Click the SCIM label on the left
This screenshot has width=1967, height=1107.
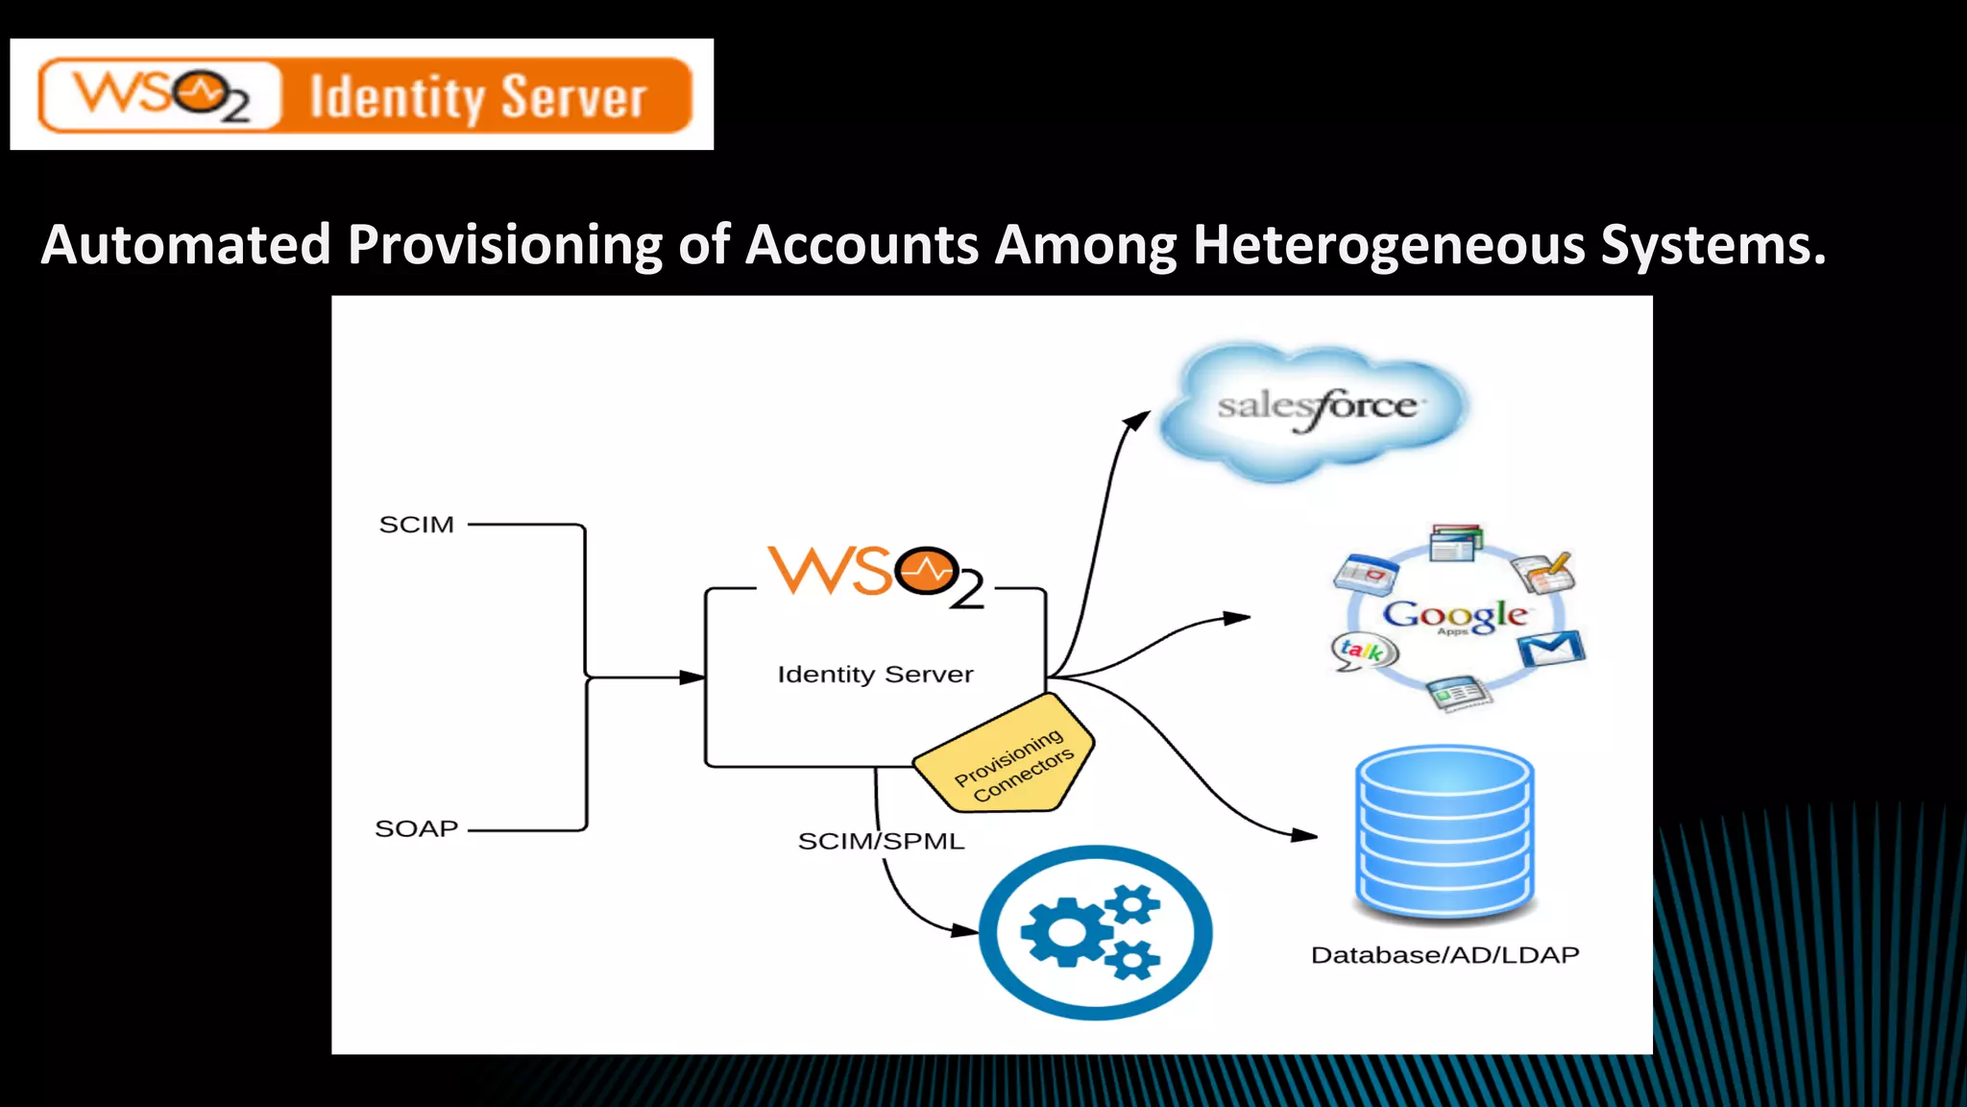click(x=416, y=525)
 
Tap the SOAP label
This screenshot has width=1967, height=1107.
click(x=416, y=828)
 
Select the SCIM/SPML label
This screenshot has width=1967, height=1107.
click(x=881, y=841)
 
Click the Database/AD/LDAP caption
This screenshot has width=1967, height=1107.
click(x=1445, y=955)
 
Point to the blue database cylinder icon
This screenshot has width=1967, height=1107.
click(x=1444, y=832)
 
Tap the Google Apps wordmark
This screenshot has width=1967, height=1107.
click(x=1454, y=615)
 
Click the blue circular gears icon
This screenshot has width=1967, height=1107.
click(x=1095, y=931)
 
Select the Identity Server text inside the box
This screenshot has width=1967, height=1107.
click(x=875, y=675)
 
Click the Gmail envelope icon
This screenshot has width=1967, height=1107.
click(x=1551, y=650)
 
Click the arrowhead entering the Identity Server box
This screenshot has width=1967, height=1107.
click(x=692, y=677)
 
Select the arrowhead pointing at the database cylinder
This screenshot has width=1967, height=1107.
click(x=1304, y=835)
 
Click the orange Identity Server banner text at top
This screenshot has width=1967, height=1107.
click(x=477, y=97)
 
